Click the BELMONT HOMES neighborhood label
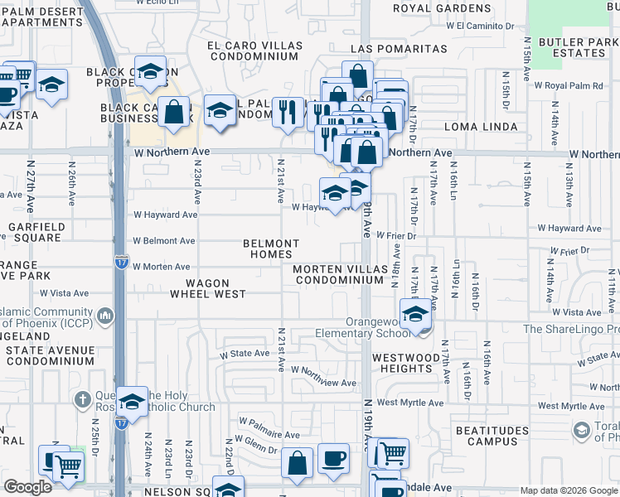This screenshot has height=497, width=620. (270, 248)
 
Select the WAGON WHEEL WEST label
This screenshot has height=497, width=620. (208, 287)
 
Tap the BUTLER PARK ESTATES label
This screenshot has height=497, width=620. (572, 46)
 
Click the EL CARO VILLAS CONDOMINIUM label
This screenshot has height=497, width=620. (253, 51)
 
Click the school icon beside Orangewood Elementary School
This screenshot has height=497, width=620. (415, 314)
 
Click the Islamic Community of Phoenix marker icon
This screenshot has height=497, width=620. (106, 316)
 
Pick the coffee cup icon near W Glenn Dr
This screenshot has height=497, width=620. (333, 457)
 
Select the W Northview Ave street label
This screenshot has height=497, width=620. (323, 377)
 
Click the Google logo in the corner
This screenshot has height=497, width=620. (28, 488)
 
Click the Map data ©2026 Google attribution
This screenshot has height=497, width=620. (568, 490)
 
